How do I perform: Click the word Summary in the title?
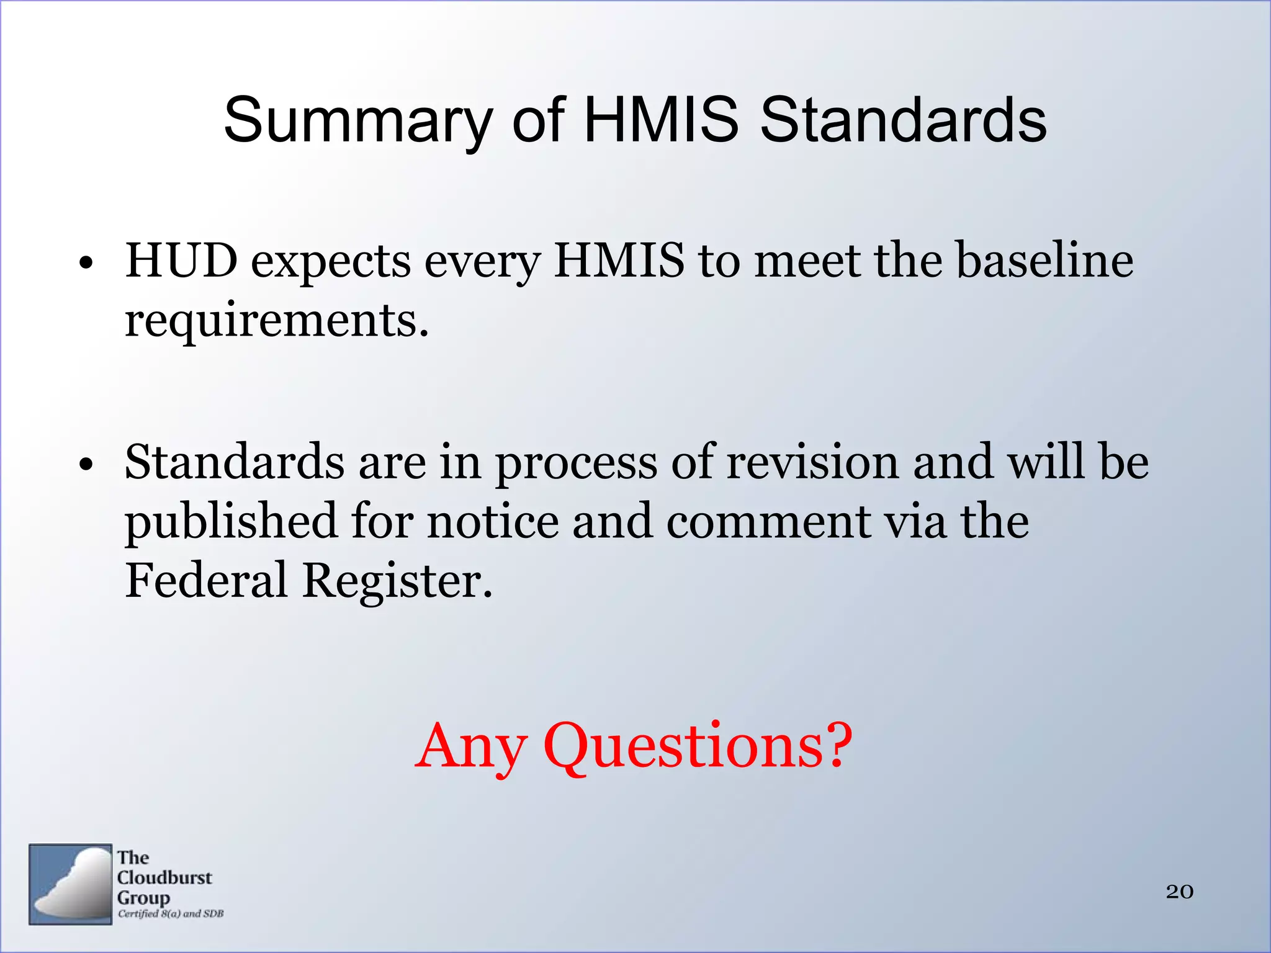tap(358, 121)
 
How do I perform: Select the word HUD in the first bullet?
tap(181, 261)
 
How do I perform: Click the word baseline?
tap(1044, 261)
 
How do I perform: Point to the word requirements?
tap(277, 321)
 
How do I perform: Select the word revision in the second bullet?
tap(812, 462)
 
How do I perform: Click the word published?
tap(231, 522)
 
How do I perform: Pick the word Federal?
tap(206, 581)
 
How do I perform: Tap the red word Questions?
tap(698, 746)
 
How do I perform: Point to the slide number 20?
tap(1179, 892)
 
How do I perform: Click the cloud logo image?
tap(70, 884)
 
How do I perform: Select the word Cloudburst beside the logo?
tap(164, 878)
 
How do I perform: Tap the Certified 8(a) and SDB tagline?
tap(171, 913)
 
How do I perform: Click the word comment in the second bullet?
tap(768, 522)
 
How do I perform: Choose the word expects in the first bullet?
tap(331, 262)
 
